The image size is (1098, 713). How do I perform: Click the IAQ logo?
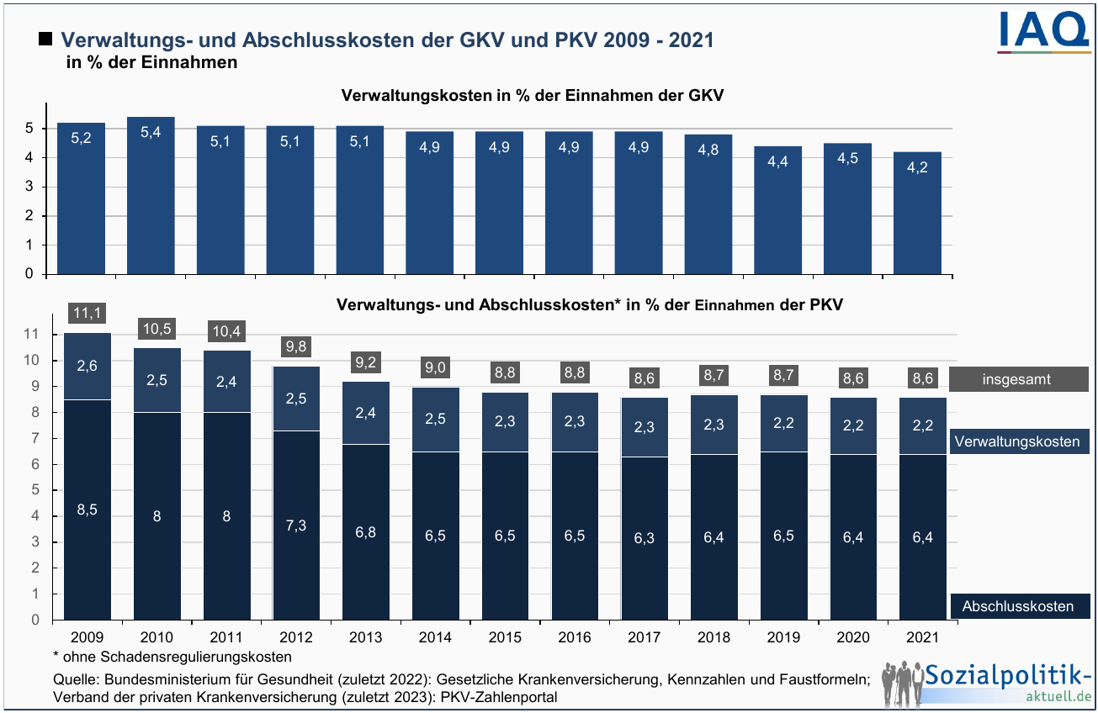click(1043, 33)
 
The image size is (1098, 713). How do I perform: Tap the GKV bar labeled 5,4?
click(151, 195)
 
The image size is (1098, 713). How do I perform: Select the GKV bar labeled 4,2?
click(917, 213)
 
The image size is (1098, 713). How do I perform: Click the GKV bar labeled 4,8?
click(708, 204)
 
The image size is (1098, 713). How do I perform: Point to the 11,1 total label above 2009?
click(88, 313)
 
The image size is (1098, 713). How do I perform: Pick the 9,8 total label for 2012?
click(296, 346)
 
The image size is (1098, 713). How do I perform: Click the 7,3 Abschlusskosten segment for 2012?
click(296, 525)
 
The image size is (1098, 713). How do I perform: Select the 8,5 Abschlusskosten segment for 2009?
click(88, 510)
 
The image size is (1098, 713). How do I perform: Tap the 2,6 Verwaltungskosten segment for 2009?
click(88, 367)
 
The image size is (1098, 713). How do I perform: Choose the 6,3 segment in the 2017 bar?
click(644, 538)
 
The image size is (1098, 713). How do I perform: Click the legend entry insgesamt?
click(1016, 379)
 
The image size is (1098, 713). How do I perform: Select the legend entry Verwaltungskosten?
click(1016, 441)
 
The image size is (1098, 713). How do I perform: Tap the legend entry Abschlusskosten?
click(1016, 606)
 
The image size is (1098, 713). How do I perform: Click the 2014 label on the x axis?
click(435, 637)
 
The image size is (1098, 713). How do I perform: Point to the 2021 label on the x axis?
click(923, 637)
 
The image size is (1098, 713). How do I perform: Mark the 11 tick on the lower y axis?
click(33, 335)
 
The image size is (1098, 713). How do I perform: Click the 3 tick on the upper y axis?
click(29, 187)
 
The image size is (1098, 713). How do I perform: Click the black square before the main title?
click(45, 40)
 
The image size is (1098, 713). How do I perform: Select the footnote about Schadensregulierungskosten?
click(172, 656)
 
